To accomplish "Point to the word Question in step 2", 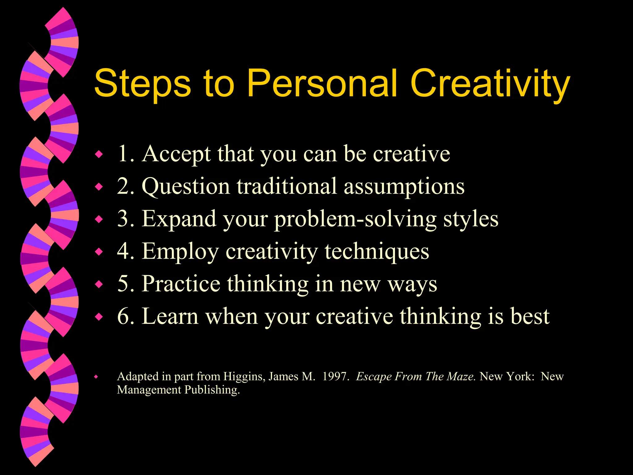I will click(186, 187).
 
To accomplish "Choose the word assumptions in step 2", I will click(404, 187).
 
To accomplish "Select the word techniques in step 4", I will click(377, 251).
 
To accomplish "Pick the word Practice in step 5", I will click(181, 284).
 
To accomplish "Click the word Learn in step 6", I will click(170, 316).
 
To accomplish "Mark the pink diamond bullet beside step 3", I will click(99, 220).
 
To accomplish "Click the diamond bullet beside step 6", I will click(99, 317).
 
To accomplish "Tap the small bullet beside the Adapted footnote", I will click(96, 377).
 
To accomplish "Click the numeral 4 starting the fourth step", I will click(123, 251).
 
